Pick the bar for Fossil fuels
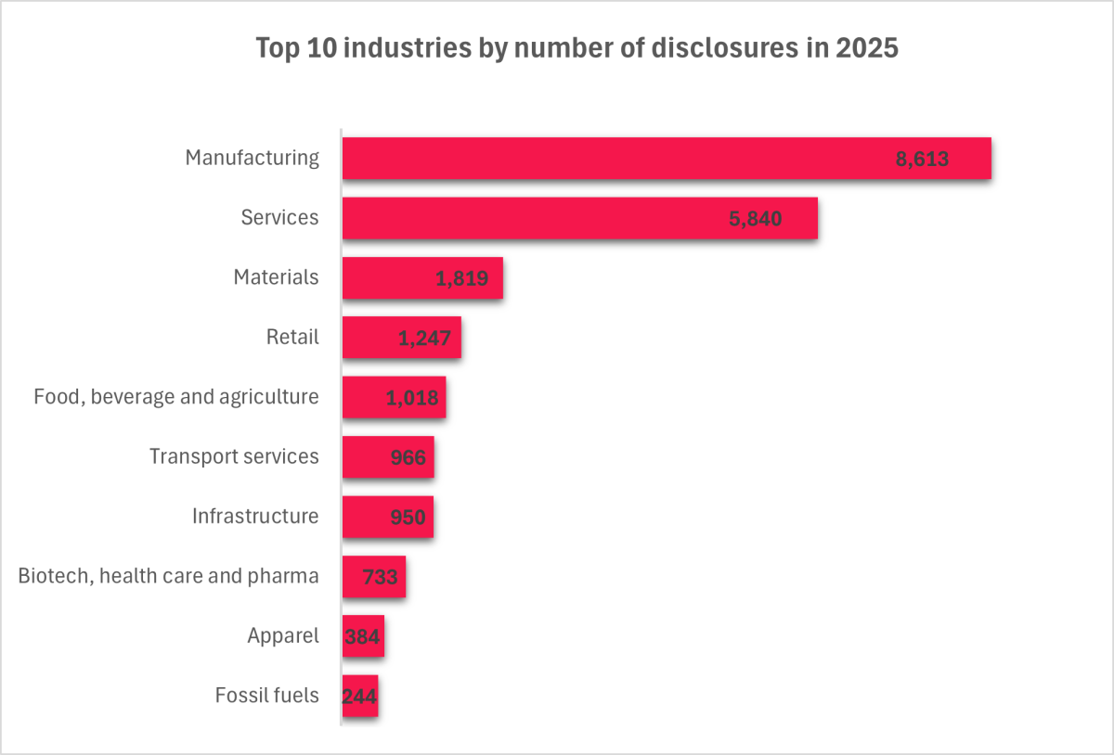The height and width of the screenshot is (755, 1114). [x=360, y=696]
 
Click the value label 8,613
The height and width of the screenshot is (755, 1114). [x=922, y=159]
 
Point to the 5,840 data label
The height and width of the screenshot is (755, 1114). [x=755, y=219]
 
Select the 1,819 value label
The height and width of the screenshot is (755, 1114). [x=462, y=278]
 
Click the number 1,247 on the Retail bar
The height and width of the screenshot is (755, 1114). [x=424, y=339]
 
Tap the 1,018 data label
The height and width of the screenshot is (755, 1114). [x=411, y=399]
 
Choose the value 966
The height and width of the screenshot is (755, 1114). [x=408, y=458]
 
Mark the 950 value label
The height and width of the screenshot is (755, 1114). [x=408, y=518]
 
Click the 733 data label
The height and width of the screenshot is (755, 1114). [x=380, y=577]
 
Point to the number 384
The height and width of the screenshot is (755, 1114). [x=363, y=636]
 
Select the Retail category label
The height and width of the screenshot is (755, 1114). [x=292, y=338]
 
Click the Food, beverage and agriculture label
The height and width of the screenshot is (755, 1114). [x=176, y=397]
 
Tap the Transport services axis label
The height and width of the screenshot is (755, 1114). [x=234, y=456]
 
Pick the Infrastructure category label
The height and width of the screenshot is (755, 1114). [x=255, y=516]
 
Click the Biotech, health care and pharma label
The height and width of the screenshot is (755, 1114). [x=169, y=576]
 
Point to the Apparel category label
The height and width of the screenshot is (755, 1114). [x=283, y=636]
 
